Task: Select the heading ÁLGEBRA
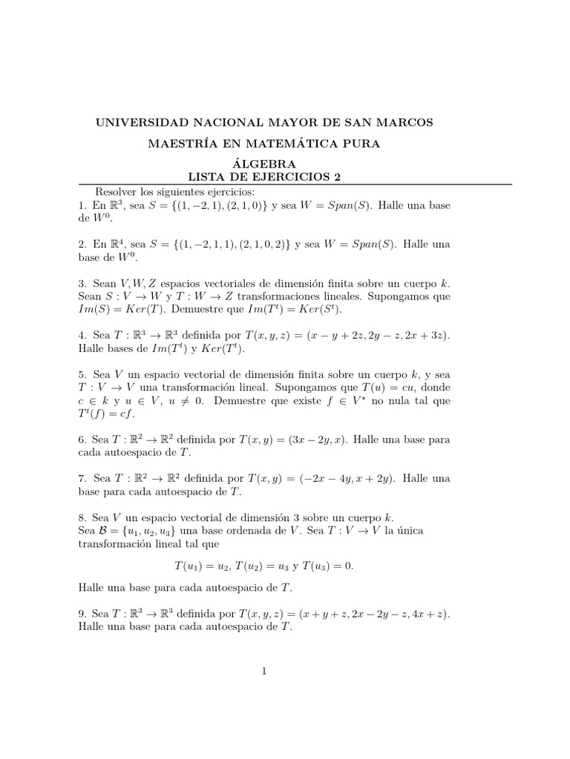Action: pos(264,164)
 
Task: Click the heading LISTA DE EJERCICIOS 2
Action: pos(264,176)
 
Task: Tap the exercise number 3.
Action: pos(81,284)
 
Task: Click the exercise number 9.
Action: pos(81,614)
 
